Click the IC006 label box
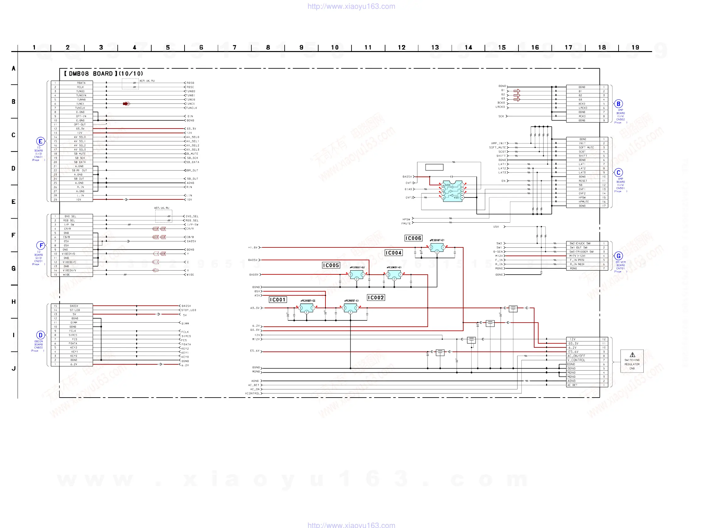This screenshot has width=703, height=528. pyautogui.click(x=413, y=238)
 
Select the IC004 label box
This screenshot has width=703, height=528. pyautogui.click(x=394, y=253)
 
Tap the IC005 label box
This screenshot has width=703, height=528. pyautogui.click(x=331, y=265)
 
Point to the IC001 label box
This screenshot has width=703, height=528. pyautogui.click(x=278, y=300)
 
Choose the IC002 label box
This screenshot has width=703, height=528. pyautogui.click(x=376, y=298)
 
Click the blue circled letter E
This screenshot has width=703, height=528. pyautogui.click(x=40, y=141)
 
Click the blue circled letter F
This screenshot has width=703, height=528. pyautogui.click(x=41, y=246)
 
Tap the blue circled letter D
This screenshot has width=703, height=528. pyautogui.click(x=40, y=335)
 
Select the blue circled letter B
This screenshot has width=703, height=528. pyautogui.click(x=618, y=104)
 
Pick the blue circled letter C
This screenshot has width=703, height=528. pyautogui.click(x=618, y=172)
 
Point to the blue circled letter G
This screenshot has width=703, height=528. pyautogui.click(x=618, y=256)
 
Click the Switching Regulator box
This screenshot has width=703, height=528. pyautogui.click(x=632, y=361)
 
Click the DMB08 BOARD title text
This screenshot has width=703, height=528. pyautogui.click(x=103, y=74)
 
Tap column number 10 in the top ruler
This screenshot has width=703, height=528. pyautogui.click(x=335, y=48)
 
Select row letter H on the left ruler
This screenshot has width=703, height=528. pyautogui.click(x=14, y=302)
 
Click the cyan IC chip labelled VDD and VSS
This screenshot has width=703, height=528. pyautogui.click(x=453, y=192)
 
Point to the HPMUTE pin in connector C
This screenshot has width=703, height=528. pyautogui.click(x=583, y=202)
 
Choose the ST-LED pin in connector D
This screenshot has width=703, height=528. pyautogui.click(x=75, y=310)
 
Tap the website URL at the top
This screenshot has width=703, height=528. pyautogui.click(x=351, y=6)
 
